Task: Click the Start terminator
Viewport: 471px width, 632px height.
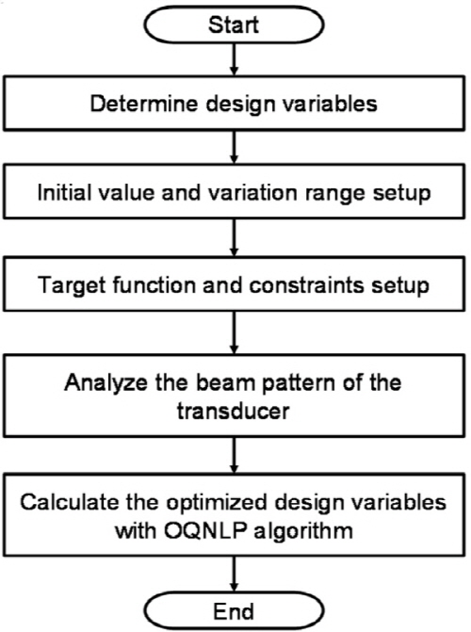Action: pyautogui.click(x=234, y=24)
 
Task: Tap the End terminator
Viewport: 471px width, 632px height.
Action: pyautogui.click(x=234, y=611)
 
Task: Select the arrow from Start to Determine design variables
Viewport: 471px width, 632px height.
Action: pyautogui.click(x=234, y=59)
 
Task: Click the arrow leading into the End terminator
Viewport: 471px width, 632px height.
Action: pyautogui.click(x=234, y=575)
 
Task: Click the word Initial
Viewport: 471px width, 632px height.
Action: pyautogui.click(x=63, y=192)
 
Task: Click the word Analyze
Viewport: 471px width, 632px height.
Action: pyautogui.click(x=106, y=382)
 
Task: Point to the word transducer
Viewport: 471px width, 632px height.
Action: pyautogui.click(x=233, y=412)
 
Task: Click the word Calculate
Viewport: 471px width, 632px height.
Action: pyautogui.click(x=70, y=502)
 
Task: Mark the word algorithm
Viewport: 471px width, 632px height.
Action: pyautogui.click(x=302, y=531)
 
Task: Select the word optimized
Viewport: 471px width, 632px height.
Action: pyautogui.click(x=217, y=503)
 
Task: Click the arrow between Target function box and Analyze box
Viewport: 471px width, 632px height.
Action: pyautogui.click(x=234, y=332)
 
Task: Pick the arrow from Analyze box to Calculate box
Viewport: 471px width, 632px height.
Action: pyautogui.click(x=234, y=456)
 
